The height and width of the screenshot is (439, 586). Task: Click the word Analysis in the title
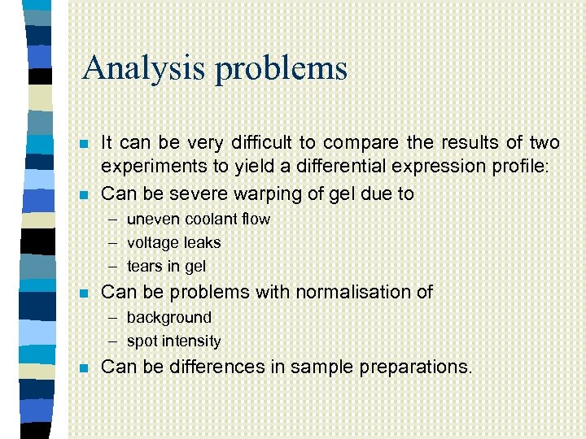pyautogui.click(x=142, y=67)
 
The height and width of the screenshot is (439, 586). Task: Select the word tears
pyautogui.click(x=144, y=266)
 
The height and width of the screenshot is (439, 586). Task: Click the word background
pyautogui.click(x=168, y=317)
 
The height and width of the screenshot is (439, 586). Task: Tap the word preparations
pyautogui.click(x=413, y=367)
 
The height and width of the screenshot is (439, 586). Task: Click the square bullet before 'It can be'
pyautogui.click(x=84, y=145)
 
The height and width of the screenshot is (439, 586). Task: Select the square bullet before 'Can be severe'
pyautogui.click(x=84, y=195)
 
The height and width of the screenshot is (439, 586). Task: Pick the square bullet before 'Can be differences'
pyautogui.click(x=84, y=367)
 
